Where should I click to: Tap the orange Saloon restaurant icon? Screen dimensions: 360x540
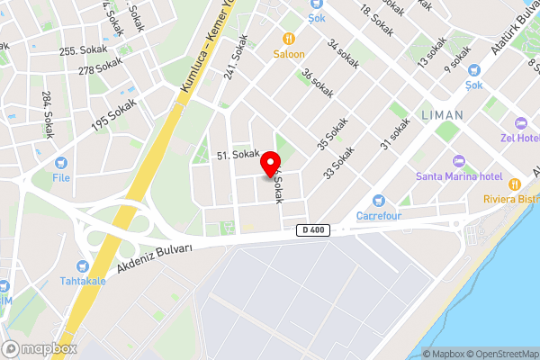click(x=290, y=39)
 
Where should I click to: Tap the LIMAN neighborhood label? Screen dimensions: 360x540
click(x=442, y=115)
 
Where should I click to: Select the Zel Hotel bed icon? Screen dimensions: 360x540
click(x=519, y=123)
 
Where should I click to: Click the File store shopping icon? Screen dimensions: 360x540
click(x=61, y=164)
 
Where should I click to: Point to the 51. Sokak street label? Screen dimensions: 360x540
click(x=238, y=155)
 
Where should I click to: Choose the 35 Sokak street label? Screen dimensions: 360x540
click(x=332, y=132)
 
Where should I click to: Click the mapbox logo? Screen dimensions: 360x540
click(x=40, y=348)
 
